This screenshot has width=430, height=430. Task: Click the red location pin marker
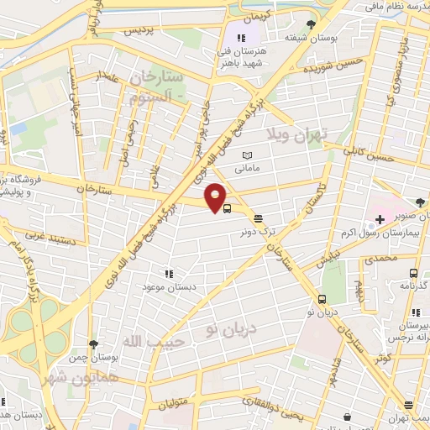coord(217,197)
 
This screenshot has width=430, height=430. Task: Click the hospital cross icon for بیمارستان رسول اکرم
coord(380,220)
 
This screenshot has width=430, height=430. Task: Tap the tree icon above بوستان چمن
coord(94,344)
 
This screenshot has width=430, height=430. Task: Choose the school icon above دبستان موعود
coord(168,274)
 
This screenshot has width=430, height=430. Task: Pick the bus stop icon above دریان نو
coord(322,299)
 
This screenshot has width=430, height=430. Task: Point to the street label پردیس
coord(140,30)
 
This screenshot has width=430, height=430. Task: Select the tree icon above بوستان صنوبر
coord(420,202)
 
